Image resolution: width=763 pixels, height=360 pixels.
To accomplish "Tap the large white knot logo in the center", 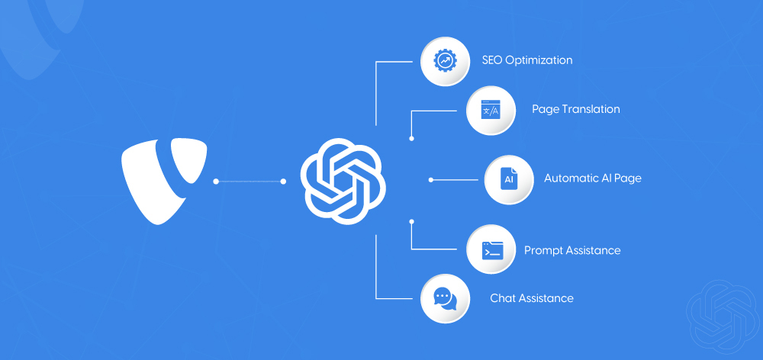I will coord(343,181).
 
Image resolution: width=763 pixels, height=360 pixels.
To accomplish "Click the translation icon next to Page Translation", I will coord(489,110).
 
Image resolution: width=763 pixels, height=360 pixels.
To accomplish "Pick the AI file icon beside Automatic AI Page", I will coord(508,180).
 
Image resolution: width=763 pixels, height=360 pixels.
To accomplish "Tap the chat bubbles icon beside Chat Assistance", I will coord(444,298).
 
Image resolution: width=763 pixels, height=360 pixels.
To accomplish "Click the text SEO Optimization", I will coord(526,60).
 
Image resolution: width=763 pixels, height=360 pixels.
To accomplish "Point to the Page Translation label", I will coord(575,109).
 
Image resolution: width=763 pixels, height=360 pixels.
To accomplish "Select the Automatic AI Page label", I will coord(592,178).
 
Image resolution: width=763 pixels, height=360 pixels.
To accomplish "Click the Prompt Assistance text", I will coord(572,250).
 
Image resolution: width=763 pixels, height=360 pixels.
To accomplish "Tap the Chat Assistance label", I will coord(531,298).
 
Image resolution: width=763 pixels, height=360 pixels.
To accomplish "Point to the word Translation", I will coord(591,109).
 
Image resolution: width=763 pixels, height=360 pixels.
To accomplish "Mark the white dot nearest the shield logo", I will coord(216,182).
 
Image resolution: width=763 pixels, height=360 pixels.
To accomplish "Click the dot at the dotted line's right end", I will coord(284,182).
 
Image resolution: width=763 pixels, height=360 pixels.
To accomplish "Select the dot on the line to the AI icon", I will coord(431,180).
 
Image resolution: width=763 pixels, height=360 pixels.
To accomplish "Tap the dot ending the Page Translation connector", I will coord(411,139).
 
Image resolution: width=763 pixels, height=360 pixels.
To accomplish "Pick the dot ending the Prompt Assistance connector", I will coord(411,221).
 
